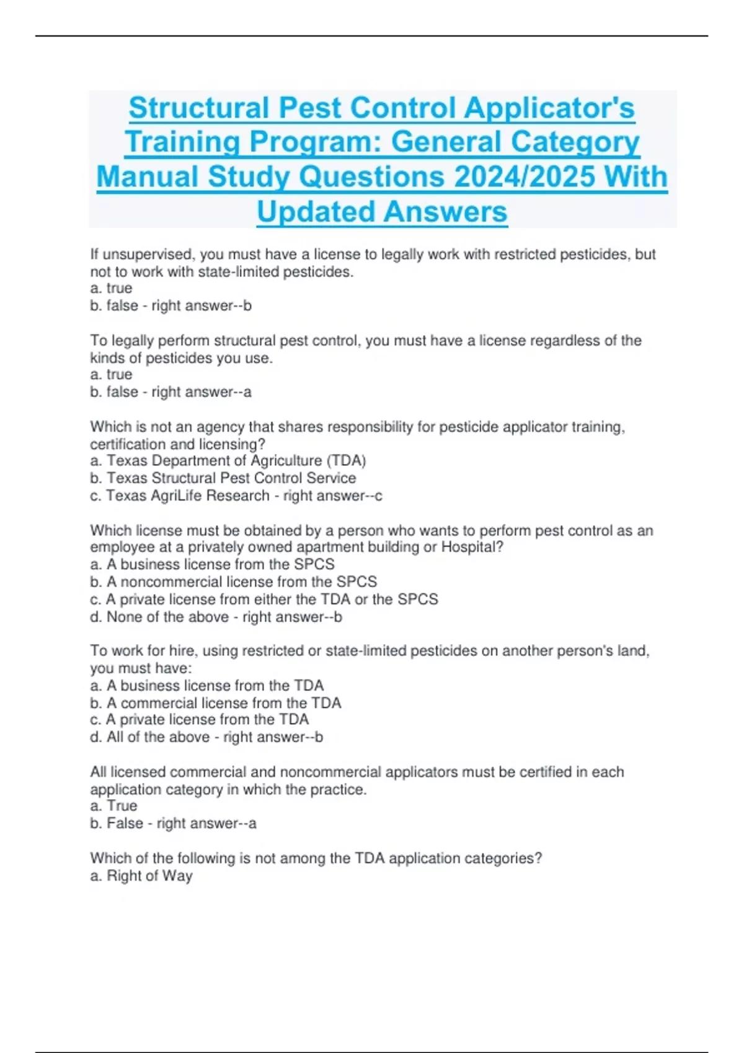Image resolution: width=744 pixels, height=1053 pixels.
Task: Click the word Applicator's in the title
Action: (x=549, y=108)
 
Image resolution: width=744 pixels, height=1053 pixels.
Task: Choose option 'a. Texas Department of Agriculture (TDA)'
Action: (x=228, y=461)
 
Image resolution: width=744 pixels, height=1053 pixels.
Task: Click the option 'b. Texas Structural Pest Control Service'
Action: (x=223, y=478)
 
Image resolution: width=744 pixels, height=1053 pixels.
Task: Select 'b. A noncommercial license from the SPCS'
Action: (x=234, y=582)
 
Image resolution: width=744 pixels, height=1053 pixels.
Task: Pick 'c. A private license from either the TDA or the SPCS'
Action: (x=264, y=599)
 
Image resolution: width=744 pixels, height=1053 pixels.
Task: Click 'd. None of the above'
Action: (x=159, y=617)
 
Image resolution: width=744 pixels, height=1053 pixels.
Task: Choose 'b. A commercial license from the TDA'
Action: (x=216, y=703)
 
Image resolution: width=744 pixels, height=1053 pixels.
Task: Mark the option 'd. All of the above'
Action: (x=150, y=737)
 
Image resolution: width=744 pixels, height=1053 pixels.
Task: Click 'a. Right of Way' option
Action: (x=141, y=876)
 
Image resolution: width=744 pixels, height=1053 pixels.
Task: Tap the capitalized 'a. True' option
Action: (x=114, y=806)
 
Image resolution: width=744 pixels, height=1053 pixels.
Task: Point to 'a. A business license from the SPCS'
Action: (x=212, y=564)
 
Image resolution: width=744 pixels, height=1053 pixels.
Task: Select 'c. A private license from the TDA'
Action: (x=200, y=720)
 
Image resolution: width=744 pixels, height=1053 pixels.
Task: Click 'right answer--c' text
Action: (x=333, y=496)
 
